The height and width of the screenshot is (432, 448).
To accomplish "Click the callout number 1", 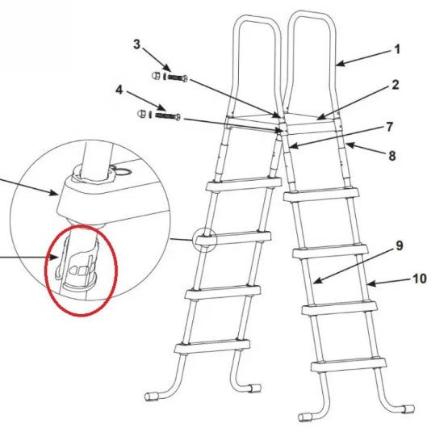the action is [397, 50].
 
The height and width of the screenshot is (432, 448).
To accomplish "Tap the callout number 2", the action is [396, 85].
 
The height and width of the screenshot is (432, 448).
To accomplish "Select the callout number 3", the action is [137, 44].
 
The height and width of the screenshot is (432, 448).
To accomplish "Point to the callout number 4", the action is [119, 90].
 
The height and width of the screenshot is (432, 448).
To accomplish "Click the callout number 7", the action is [389, 127].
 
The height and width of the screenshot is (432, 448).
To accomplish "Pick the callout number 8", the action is [392, 156].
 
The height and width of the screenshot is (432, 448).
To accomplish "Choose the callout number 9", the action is [399, 246].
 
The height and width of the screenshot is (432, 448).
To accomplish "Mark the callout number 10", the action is [420, 279].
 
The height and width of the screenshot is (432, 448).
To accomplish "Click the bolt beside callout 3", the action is [178, 78].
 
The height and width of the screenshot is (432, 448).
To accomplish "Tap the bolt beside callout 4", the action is [168, 115].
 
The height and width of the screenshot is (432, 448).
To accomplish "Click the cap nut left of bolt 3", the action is [155, 76].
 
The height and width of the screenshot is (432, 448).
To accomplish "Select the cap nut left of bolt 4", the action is [141, 114].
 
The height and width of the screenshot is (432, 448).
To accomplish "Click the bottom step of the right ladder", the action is [349, 366].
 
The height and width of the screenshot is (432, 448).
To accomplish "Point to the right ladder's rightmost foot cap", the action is [407, 409].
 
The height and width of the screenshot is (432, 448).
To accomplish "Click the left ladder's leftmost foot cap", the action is [151, 396].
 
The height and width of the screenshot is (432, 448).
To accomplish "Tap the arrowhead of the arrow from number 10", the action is [371, 283].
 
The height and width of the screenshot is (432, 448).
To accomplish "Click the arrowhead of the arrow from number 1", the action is [340, 64].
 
